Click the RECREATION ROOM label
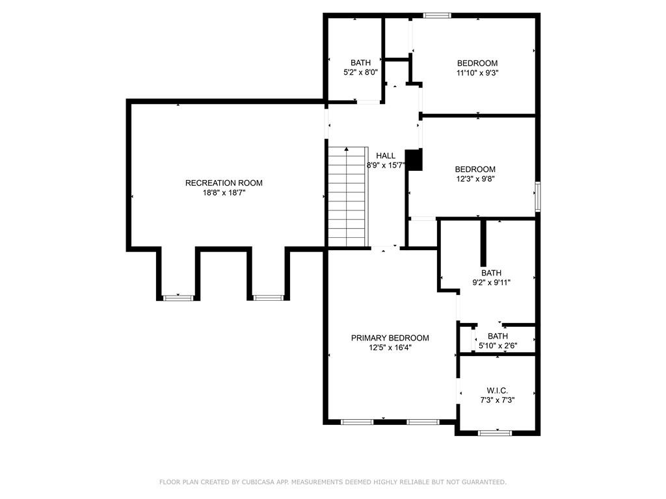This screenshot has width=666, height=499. tap(224, 183)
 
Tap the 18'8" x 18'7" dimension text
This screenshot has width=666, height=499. tap(224, 193)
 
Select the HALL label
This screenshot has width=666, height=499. tap(386, 156)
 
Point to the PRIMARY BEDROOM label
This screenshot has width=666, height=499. tap(390, 338)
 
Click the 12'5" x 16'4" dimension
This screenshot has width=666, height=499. tap(390, 348)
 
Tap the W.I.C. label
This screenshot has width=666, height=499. tap(497, 390)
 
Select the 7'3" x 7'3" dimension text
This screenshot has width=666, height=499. tap(497, 400)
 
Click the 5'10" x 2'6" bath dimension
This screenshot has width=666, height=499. tap(498, 346)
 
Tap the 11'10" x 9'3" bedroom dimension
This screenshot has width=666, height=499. tap(477, 73)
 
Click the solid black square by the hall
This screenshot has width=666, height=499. tap(414, 160)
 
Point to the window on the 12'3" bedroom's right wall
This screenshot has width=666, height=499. tap(537, 197)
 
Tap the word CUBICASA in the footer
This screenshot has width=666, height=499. tap(259, 482)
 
